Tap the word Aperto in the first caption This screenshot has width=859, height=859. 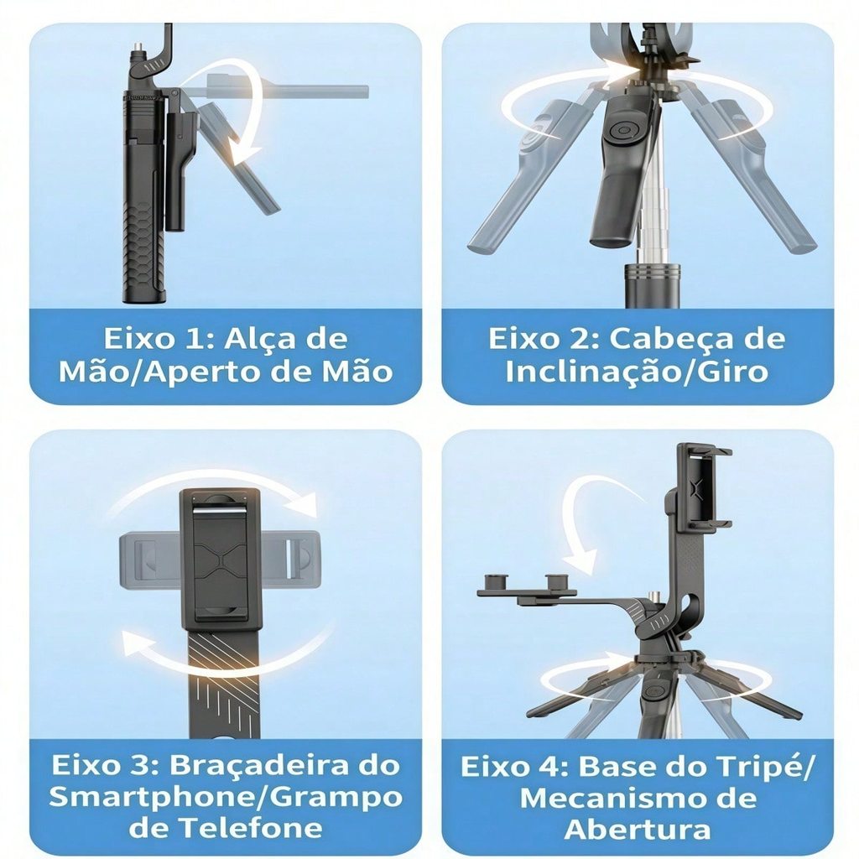pos(209,372)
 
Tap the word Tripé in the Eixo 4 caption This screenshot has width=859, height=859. pos(765,767)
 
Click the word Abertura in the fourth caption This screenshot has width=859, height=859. pos(638,829)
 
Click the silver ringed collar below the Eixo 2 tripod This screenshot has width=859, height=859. pos(652,273)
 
